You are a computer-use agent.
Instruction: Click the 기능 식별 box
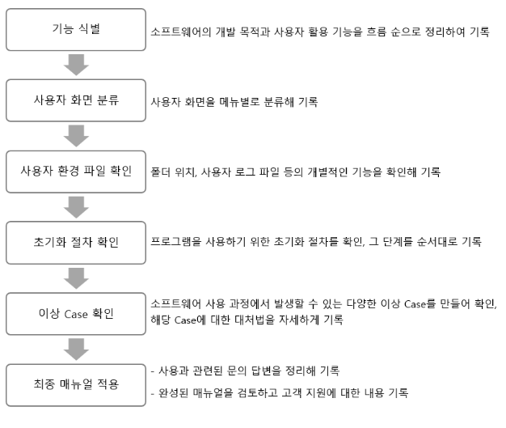(75, 32)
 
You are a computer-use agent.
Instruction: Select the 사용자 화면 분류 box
(75, 101)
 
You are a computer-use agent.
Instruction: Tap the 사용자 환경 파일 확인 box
(75, 172)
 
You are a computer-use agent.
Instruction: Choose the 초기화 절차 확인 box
(75, 242)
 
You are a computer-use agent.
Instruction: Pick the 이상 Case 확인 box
(75, 312)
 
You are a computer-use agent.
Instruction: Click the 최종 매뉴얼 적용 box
(75, 382)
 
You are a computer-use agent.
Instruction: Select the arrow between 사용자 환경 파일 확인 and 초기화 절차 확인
(75, 206)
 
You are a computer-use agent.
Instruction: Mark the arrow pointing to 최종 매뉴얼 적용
(75, 347)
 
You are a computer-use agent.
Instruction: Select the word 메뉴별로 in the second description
(234, 103)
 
